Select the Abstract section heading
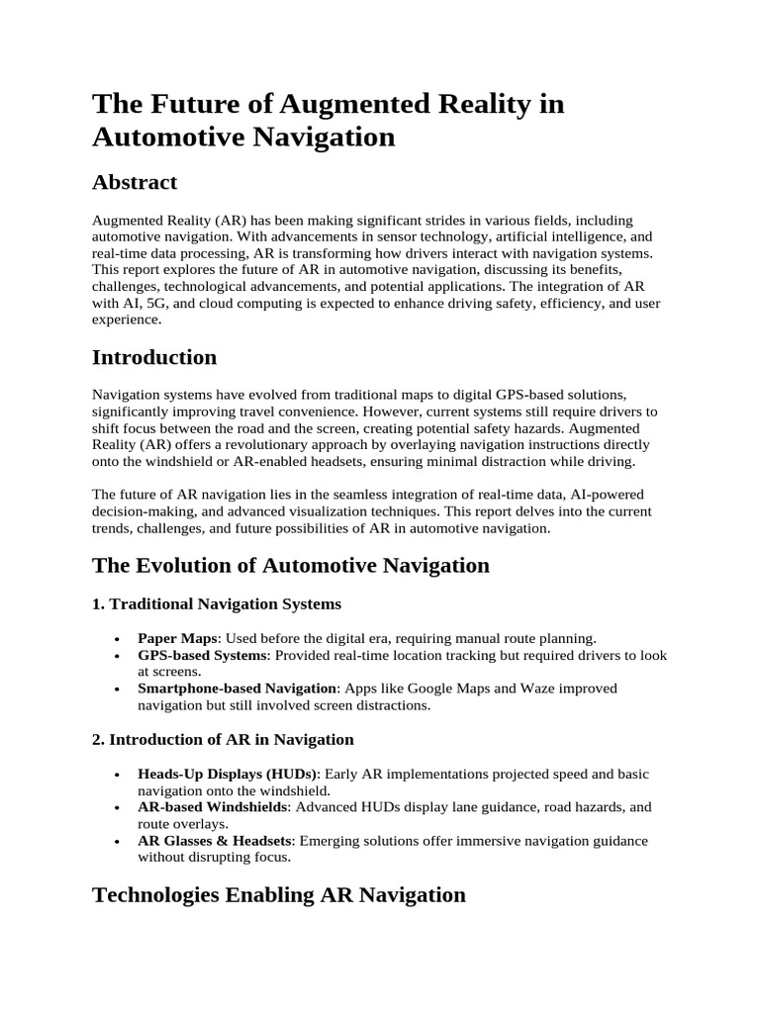(134, 182)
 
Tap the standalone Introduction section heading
(153, 357)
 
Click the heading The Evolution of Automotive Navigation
(290, 565)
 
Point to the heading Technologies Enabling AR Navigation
(278, 894)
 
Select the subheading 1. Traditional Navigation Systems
(217, 603)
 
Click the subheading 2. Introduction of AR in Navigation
(223, 739)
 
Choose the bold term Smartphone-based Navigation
(237, 688)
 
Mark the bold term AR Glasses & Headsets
(215, 841)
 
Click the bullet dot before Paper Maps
(118, 639)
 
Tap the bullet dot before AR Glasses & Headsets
(118, 842)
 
